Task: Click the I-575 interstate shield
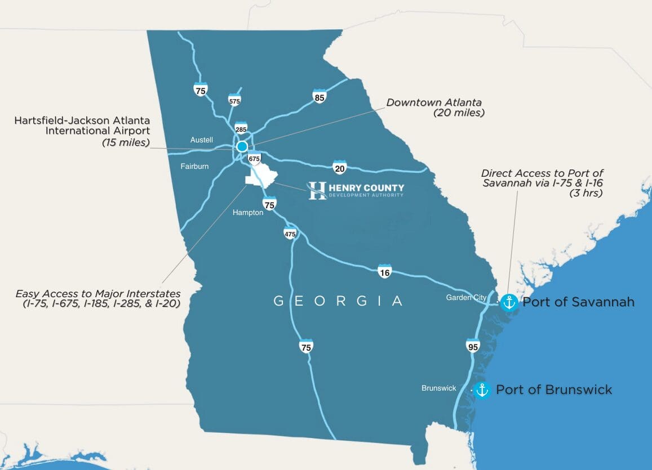234,100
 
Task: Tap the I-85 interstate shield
320,96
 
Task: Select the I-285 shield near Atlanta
241,128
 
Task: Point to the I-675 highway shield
255,158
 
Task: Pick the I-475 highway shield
290,232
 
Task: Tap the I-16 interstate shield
385,271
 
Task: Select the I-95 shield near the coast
473,346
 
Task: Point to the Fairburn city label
194,166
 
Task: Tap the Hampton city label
248,213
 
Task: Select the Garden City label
466,297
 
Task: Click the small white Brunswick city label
439,388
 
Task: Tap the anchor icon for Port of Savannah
509,302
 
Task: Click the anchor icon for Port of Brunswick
482,390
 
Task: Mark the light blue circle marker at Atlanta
242,146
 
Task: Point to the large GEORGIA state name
338,301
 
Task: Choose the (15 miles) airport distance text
126,142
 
